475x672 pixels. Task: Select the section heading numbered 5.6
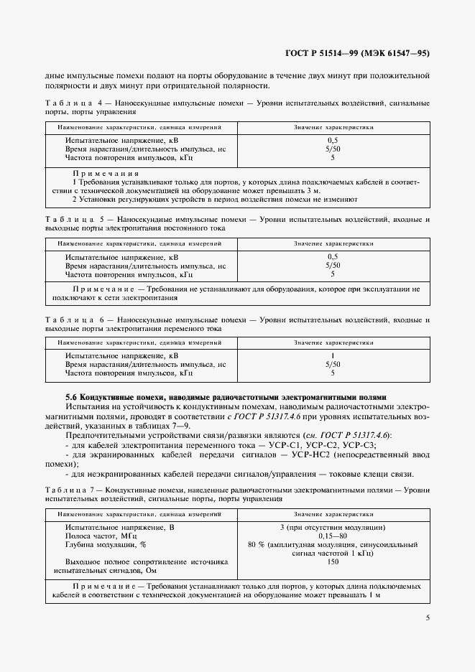226,396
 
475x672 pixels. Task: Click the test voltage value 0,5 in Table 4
333,141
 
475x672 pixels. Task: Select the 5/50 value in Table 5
333,266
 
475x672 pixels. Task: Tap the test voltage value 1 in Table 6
333,356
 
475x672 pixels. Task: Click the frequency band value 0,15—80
333,536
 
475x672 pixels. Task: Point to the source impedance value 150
333,562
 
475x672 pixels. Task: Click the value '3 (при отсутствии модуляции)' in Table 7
333,527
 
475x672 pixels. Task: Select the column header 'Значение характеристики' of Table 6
333,343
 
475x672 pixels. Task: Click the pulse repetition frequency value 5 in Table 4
333,158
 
